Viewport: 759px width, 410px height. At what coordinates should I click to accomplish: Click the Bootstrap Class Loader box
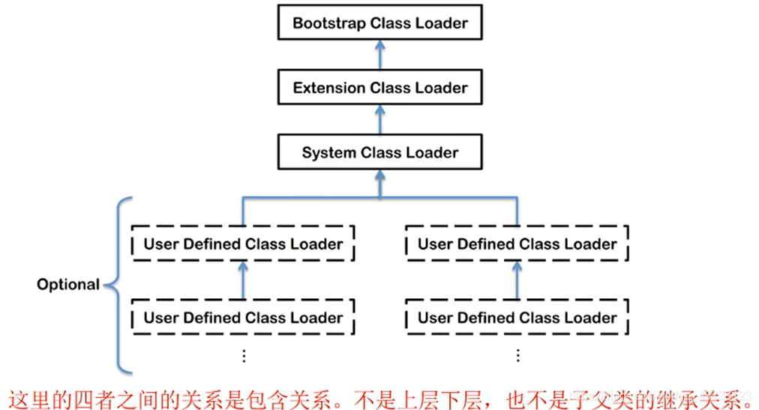tap(379, 23)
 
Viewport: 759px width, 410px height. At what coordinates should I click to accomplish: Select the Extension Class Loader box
tap(379, 88)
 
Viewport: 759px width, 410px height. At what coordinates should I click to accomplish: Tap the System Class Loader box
tap(379, 152)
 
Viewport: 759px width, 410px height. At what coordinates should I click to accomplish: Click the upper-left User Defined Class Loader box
tap(243, 244)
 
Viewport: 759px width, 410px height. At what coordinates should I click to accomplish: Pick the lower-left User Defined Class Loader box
tap(243, 318)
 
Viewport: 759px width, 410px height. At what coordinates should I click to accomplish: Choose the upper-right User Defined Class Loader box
tap(517, 244)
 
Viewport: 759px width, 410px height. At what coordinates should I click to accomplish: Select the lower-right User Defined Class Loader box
tap(517, 318)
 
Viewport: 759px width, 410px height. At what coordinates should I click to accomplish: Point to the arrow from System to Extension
tap(379, 119)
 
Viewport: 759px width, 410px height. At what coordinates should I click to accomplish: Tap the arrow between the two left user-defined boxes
tap(243, 280)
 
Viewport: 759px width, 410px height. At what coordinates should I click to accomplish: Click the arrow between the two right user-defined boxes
tap(517, 280)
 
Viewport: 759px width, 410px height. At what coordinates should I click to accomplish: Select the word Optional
tap(68, 285)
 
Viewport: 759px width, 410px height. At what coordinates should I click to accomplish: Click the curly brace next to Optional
tap(118, 285)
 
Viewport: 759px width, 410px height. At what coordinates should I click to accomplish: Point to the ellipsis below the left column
tap(243, 355)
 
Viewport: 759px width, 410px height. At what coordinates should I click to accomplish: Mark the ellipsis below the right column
tap(517, 355)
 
